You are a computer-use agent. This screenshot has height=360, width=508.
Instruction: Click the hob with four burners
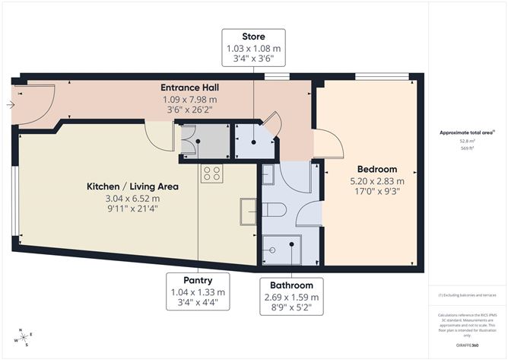[211, 174]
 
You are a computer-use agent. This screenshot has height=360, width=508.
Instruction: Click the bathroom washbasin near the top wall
[268, 176]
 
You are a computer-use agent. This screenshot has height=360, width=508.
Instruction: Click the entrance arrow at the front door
[9, 106]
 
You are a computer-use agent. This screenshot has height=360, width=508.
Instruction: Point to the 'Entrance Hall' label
[189, 88]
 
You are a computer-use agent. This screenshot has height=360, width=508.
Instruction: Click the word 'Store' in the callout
[253, 37]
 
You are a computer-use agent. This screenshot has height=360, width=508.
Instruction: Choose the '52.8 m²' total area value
[465, 140]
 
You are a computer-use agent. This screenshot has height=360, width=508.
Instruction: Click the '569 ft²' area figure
[465, 148]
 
